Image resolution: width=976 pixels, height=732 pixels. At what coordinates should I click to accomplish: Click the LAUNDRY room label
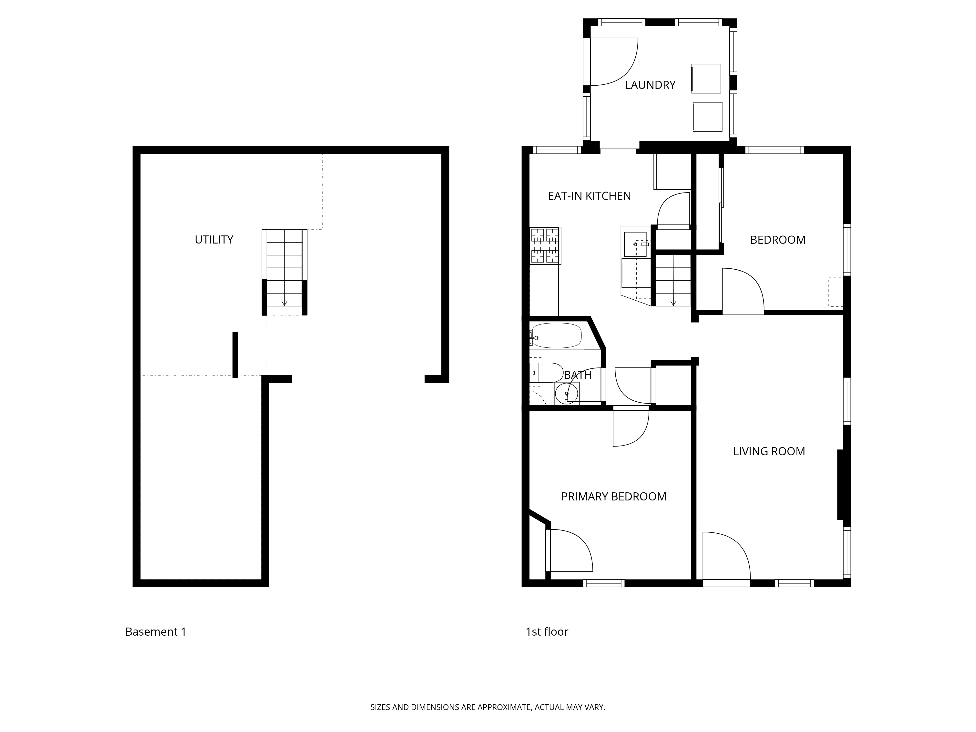point(650,85)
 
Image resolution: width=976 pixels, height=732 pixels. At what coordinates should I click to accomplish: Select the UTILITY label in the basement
point(214,240)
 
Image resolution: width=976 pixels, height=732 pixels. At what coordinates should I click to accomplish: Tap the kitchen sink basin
point(635,244)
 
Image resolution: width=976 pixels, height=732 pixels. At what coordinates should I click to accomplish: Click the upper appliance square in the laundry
point(706,79)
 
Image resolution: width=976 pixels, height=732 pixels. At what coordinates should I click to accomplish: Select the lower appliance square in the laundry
point(707,117)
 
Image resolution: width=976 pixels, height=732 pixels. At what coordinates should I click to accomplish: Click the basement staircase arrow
point(284,303)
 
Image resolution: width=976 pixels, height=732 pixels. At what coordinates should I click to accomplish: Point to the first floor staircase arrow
point(673,303)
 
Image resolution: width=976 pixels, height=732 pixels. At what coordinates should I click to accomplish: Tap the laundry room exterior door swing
point(613,62)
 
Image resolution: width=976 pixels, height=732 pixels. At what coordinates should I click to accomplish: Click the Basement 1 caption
point(156,632)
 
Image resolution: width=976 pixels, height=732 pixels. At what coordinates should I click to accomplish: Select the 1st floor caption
point(547,632)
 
